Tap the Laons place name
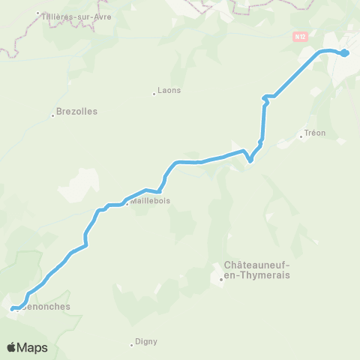point(170,90)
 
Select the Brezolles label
point(78,111)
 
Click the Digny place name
point(146,342)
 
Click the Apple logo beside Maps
point(12,347)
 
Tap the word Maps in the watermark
point(32,347)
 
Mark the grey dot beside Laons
point(154,94)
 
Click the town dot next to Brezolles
point(54,115)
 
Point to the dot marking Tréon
point(301,136)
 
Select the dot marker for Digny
point(132,343)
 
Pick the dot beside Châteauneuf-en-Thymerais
point(221,280)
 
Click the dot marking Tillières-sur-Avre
point(39,13)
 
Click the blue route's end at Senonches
point(13,307)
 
